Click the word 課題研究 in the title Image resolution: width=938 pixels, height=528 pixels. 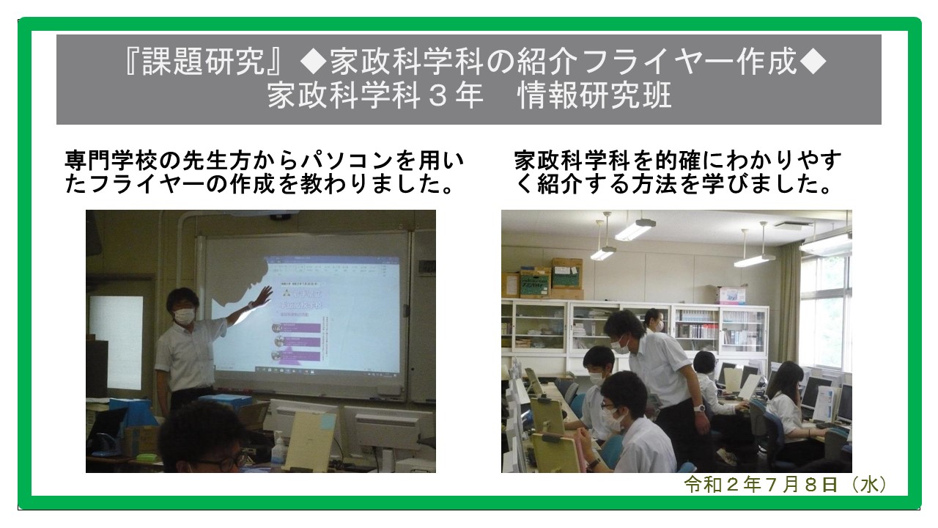pos(204,62)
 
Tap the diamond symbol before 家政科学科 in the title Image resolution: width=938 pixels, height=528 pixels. pos(313,62)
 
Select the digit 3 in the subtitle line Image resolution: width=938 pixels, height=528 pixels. pos(437,96)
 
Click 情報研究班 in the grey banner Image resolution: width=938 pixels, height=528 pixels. pos(594,96)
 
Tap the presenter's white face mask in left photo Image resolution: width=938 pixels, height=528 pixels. pos(184,315)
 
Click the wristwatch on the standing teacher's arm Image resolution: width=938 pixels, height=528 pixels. pos(698,408)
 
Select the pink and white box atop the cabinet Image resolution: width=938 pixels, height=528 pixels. pos(731,296)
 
